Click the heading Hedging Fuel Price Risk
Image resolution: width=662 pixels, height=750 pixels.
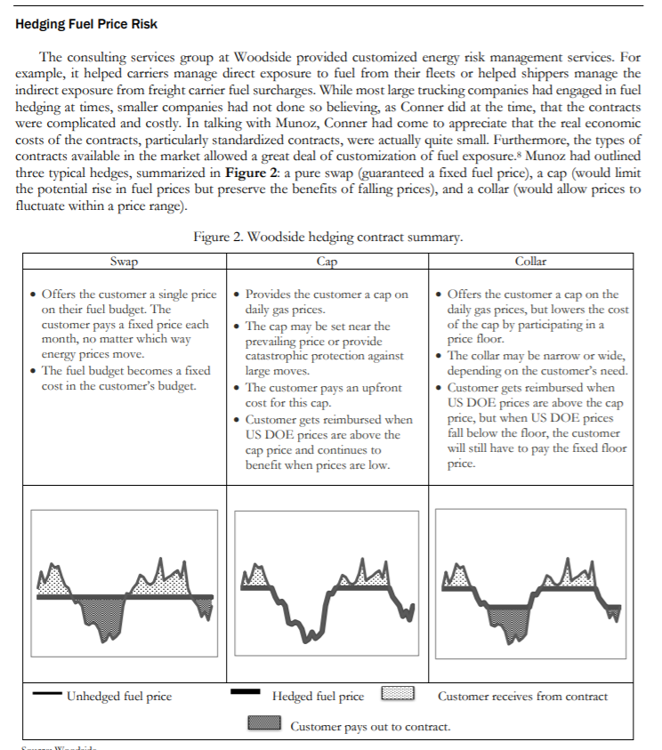86,23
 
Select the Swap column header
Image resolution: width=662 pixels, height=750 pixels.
124,262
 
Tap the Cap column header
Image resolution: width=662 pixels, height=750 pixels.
327,262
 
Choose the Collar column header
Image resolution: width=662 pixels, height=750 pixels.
530,262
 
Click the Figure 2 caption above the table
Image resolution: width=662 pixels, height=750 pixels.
327,238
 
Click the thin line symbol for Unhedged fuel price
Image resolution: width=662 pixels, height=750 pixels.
46,694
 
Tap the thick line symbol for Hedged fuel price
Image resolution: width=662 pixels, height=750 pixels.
246,692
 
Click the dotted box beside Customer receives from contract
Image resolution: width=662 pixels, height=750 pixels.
398,694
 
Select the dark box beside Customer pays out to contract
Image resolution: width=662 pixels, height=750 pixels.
264,726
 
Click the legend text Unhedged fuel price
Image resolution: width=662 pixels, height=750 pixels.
119,696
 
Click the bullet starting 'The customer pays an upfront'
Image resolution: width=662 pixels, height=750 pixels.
323,396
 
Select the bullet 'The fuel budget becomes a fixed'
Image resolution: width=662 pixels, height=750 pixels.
125,378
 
